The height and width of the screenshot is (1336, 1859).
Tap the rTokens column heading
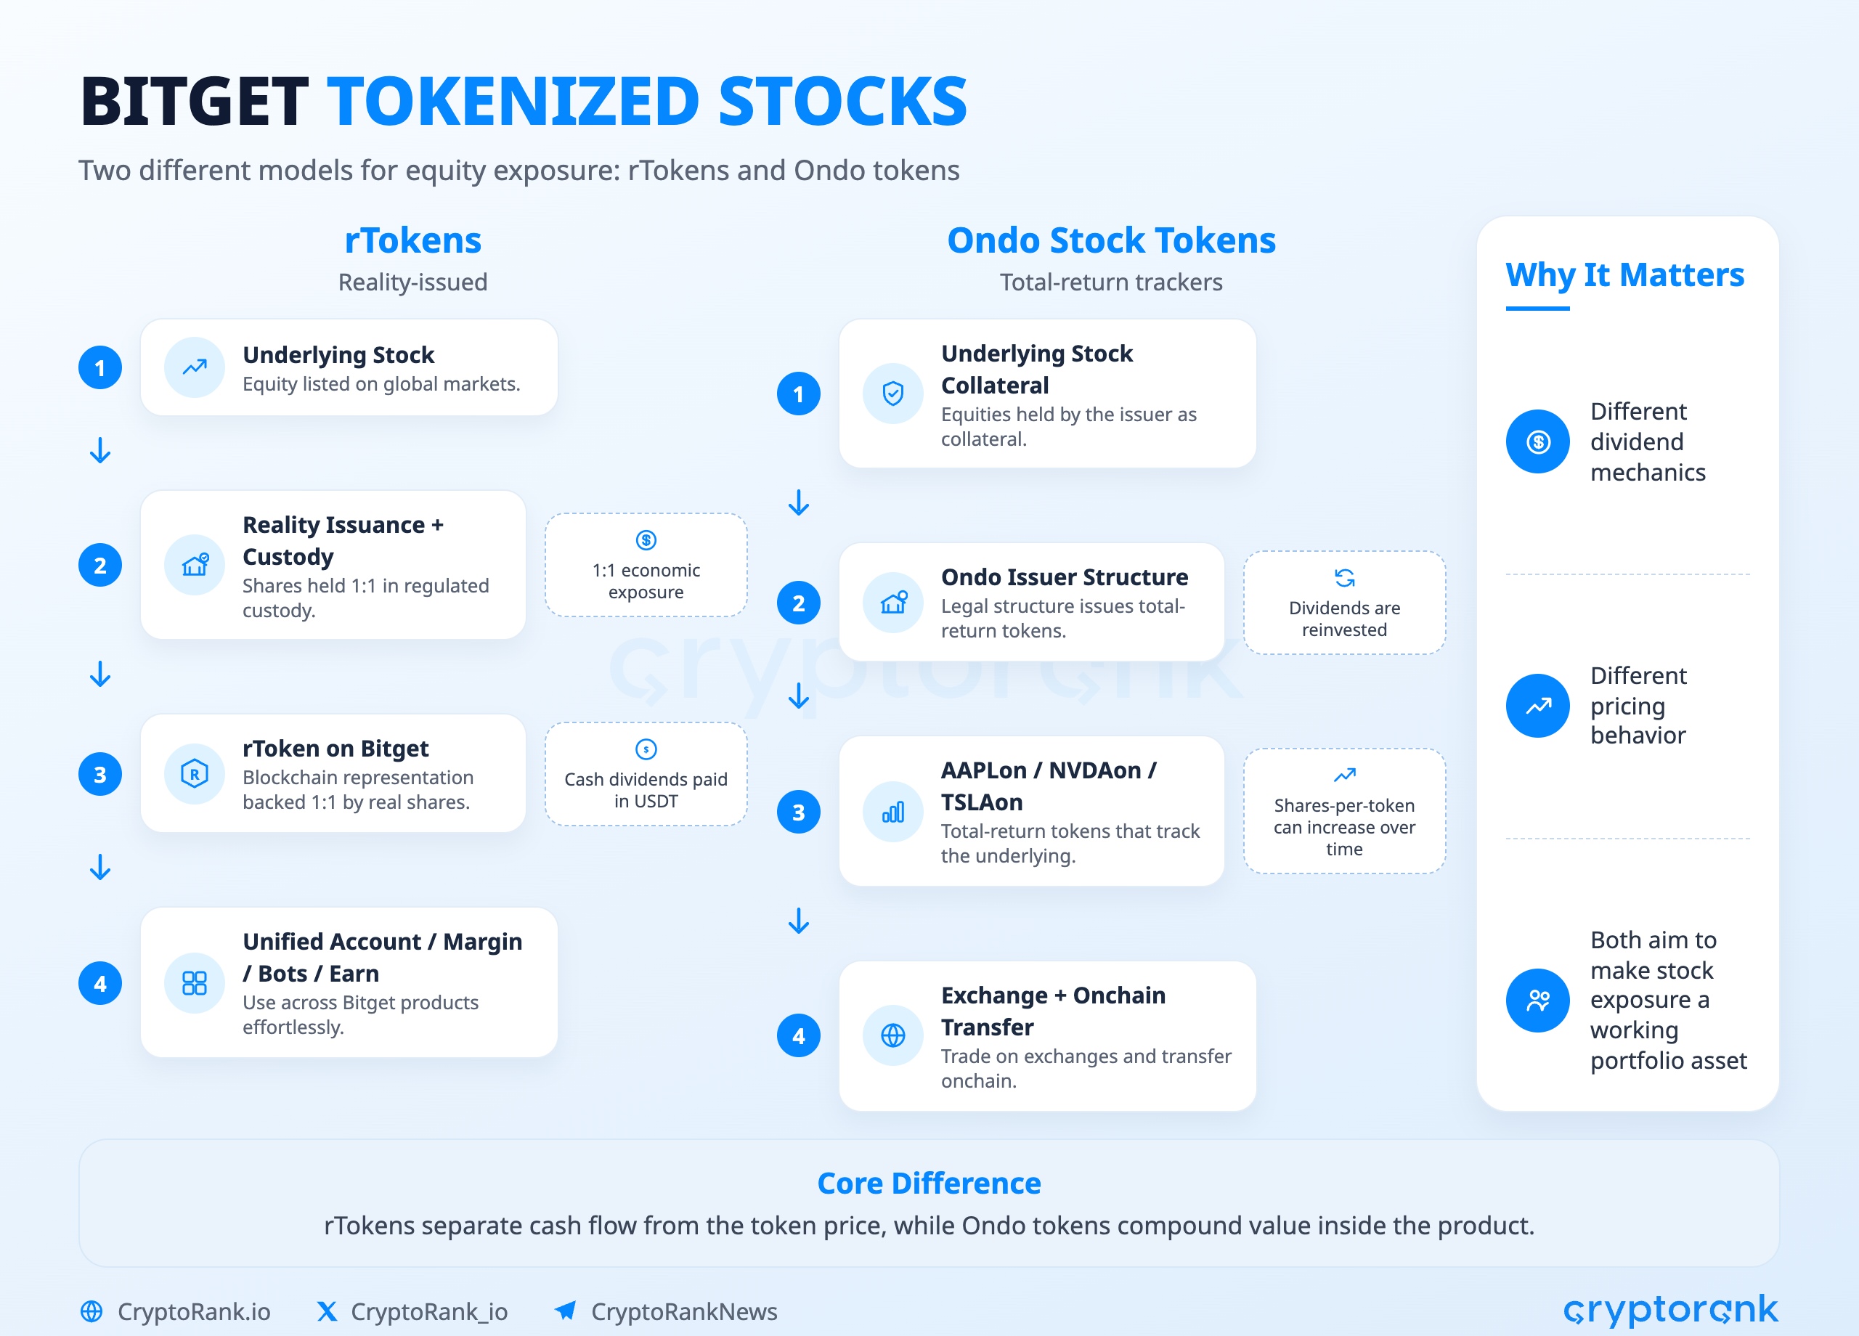[412, 240]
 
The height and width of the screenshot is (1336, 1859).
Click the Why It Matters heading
[1624, 274]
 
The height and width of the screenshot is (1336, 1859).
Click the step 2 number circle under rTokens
[100, 566]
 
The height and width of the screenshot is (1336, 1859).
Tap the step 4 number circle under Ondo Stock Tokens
[798, 1036]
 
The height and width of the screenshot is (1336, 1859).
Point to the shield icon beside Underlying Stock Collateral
[892, 394]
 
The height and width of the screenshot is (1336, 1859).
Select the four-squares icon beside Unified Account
[195, 982]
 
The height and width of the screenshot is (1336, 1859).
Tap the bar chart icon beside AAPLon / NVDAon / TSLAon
[892, 812]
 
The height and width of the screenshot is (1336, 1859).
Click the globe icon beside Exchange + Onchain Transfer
[892, 1036]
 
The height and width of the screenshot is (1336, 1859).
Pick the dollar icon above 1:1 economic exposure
[646, 540]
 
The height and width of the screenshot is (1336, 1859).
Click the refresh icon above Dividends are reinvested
[1344, 578]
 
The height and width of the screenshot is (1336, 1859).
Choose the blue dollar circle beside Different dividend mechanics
[1538, 441]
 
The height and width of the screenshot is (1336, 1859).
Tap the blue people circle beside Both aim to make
[1538, 1000]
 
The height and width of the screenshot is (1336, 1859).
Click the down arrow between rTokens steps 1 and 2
[100, 450]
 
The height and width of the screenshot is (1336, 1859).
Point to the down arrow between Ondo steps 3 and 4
[798, 921]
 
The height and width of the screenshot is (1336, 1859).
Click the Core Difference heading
[929, 1183]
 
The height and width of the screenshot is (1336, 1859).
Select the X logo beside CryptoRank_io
[327, 1311]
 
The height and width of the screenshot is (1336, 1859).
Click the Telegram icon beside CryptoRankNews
[566, 1311]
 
